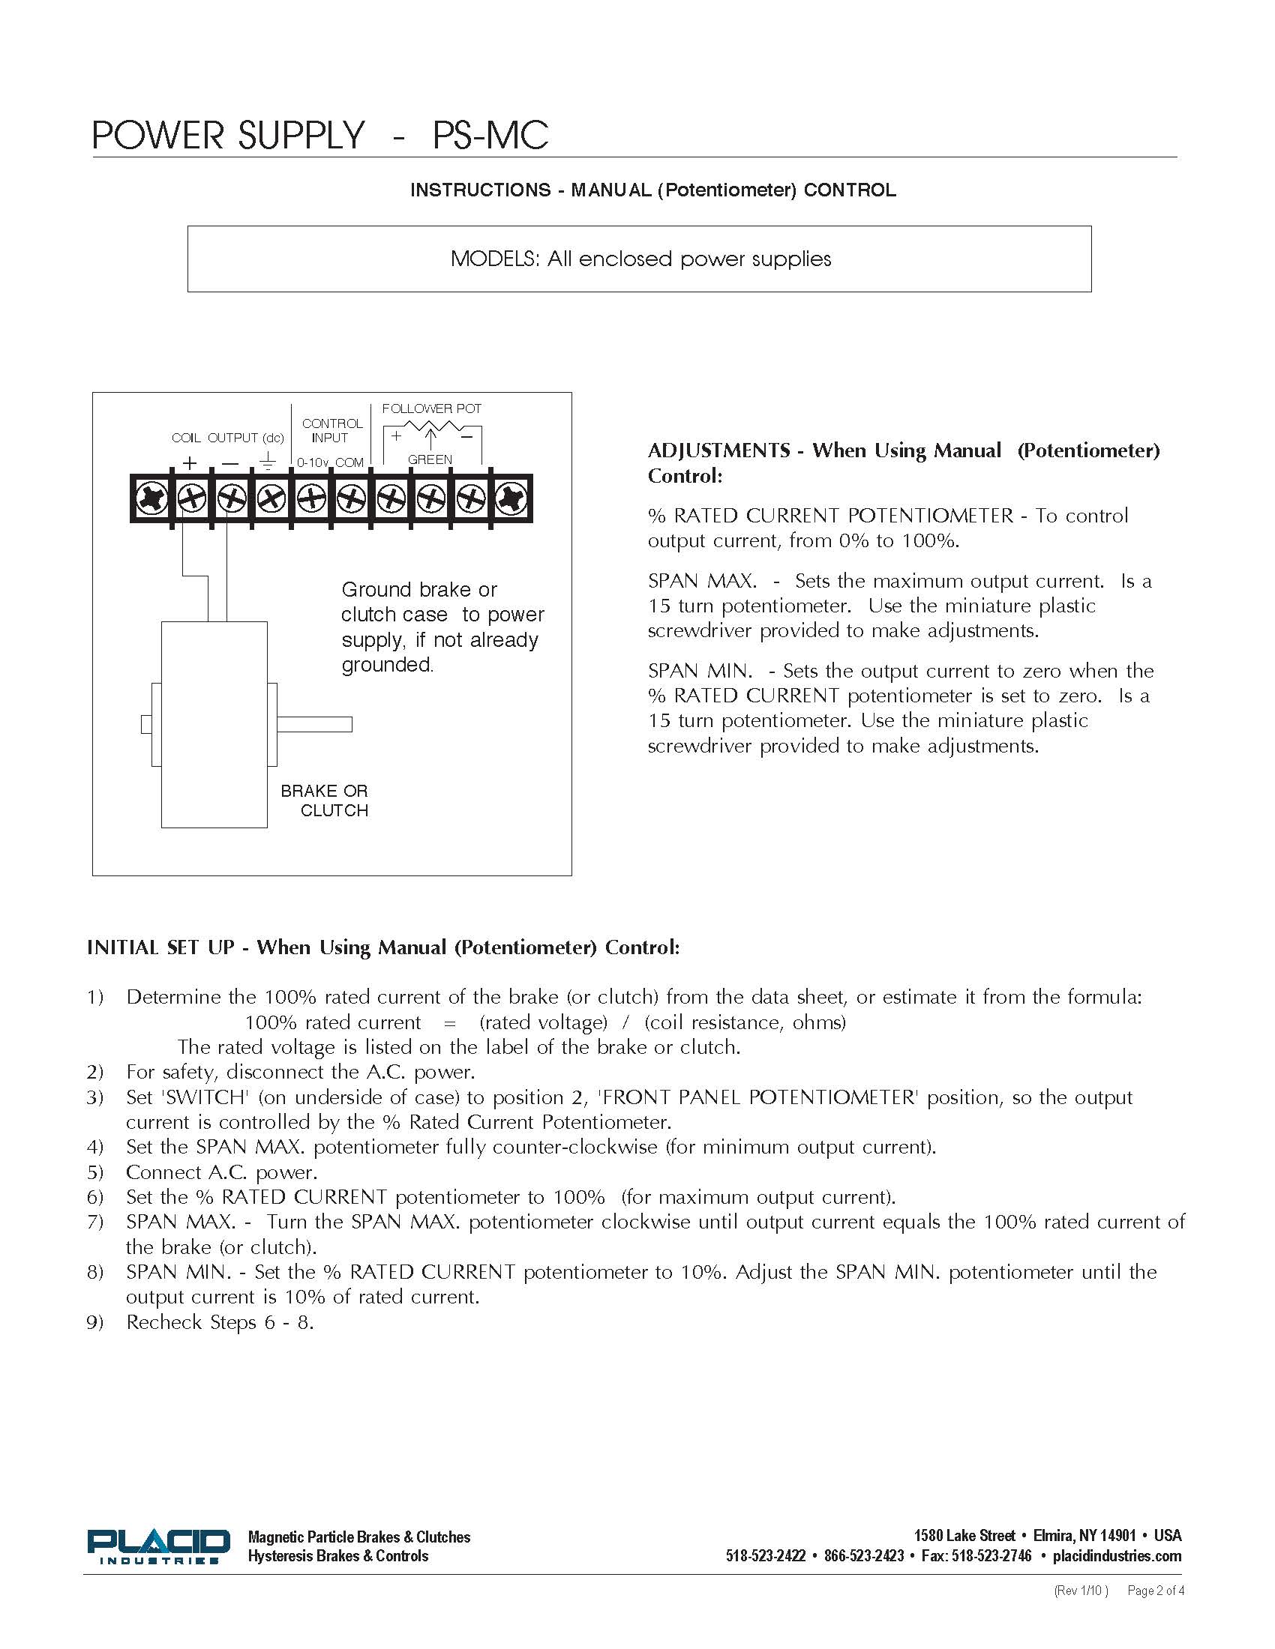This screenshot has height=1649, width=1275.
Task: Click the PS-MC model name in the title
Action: [x=490, y=136]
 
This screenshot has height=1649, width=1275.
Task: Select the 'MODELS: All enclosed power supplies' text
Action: [x=640, y=259]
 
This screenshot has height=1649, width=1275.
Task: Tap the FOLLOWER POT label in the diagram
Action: [x=431, y=409]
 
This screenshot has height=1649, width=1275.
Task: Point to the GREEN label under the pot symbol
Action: [x=430, y=459]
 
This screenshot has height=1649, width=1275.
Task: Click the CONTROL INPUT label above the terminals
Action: [x=331, y=430]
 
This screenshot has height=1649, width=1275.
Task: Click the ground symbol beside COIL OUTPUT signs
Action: [x=268, y=461]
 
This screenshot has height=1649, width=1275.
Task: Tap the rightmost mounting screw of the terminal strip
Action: [x=511, y=498]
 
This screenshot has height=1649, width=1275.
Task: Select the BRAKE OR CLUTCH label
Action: [x=325, y=801]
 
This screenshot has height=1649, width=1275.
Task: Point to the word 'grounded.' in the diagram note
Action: [x=388, y=665]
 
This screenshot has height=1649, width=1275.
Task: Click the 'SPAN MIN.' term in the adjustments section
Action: [x=700, y=671]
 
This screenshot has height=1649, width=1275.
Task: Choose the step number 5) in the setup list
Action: [x=94, y=1172]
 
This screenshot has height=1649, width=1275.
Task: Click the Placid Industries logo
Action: [x=157, y=1546]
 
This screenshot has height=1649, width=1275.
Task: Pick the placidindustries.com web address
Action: [x=1117, y=1555]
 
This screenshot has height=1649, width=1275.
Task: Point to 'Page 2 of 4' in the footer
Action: [x=1155, y=1591]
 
